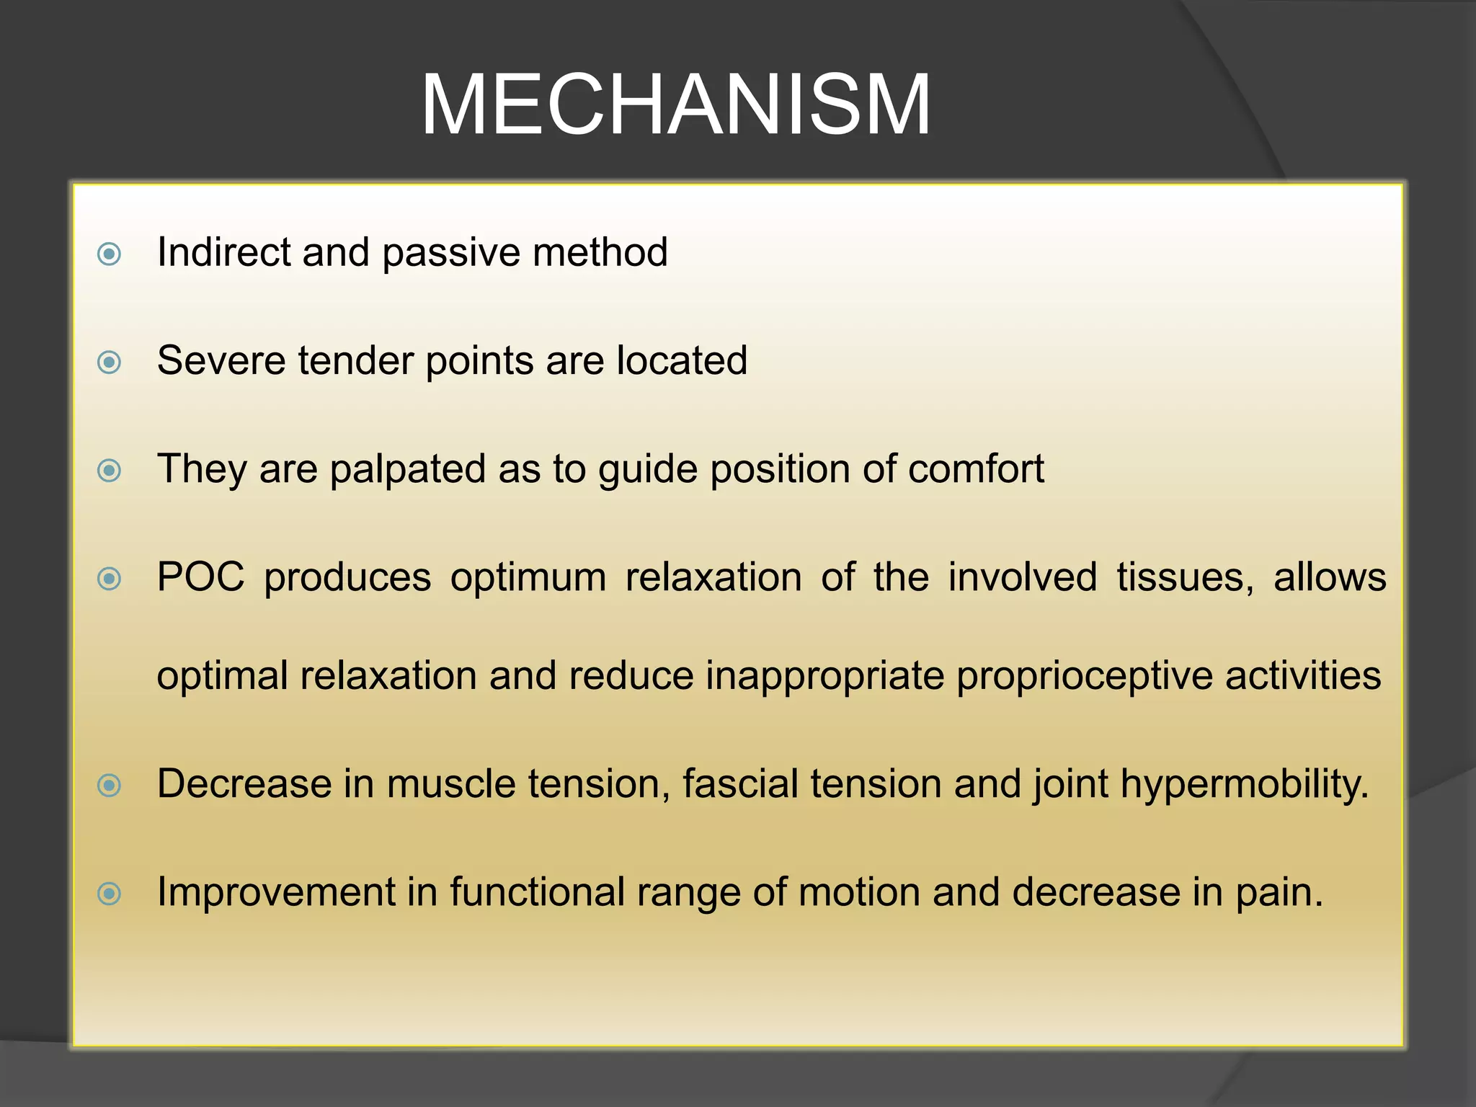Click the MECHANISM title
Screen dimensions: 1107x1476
(675, 106)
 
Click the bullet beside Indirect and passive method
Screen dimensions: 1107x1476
(109, 254)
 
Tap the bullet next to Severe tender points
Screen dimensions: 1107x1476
(109, 362)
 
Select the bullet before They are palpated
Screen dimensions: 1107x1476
(109, 471)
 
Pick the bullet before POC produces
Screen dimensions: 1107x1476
(109, 578)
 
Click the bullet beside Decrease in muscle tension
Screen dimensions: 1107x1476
(109, 785)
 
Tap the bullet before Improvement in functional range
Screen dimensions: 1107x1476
(109, 894)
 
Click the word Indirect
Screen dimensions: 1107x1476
(223, 252)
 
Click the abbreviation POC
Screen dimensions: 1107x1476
(200, 577)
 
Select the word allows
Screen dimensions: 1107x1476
(1330, 577)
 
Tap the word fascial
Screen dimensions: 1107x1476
(739, 783)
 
